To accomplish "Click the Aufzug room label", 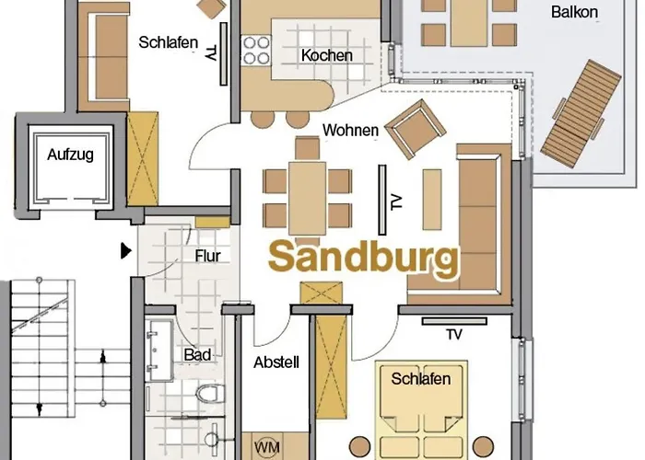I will (70, 155).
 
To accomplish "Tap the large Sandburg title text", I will (363, 259).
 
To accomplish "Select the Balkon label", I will (574, 12).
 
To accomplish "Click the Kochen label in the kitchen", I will (326, 55).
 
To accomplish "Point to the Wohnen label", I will (350, 131).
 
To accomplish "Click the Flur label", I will (208, 256).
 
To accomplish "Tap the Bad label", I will (197, 354).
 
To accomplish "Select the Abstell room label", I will (276, 362).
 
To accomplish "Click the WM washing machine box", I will (267, 446).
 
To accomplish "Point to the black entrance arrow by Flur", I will (125, 249).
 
